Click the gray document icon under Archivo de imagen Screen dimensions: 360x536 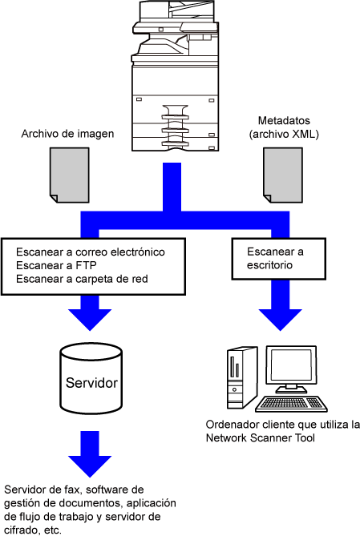point(70,175)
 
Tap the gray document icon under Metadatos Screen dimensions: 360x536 point(283,175)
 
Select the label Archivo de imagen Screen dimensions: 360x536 point(67,134)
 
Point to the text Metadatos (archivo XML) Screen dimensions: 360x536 point(284,127)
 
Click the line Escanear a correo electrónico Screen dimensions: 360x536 point(91,252)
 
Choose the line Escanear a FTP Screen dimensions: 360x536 point(56,265)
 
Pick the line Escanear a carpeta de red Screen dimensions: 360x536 point(82,279)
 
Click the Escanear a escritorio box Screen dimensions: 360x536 point(278,259)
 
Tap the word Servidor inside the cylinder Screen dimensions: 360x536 point(91,383)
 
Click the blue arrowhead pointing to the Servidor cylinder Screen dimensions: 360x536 point(90,319)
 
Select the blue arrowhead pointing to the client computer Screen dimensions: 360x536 point(281,319)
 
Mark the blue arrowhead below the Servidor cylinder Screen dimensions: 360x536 point(90,466)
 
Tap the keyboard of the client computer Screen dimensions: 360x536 point(291,404)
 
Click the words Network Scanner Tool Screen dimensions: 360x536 point(260,438)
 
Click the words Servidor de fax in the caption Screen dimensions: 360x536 point(42,490)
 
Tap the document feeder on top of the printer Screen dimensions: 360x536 point(177,11)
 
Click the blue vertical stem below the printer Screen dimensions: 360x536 point(172,187)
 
